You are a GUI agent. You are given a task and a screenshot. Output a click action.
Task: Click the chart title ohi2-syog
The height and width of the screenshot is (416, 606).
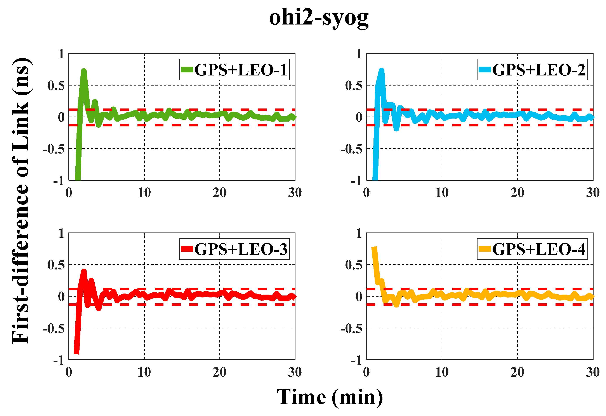[x=319, y=18]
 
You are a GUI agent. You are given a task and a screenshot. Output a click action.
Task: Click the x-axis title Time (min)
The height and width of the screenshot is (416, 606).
[x=330, y=397]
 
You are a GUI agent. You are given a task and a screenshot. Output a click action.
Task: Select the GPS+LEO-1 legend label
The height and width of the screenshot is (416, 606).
[x=241, y=70]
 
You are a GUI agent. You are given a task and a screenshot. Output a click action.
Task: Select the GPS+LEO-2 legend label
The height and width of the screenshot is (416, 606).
[x=538, y=70]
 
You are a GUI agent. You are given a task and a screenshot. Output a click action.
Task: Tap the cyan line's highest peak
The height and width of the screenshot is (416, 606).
[x=382, y=70]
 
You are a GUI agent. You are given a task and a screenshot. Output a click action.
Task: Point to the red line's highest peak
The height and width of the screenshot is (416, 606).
[x=84, y=271]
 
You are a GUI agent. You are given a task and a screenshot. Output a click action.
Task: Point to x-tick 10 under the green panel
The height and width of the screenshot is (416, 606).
[x=144, y=193]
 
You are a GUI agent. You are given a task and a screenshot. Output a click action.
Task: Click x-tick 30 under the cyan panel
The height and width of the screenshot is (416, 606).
[x=593, y=193]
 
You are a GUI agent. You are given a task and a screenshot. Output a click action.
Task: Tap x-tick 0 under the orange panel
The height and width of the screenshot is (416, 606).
[x=366, y=372]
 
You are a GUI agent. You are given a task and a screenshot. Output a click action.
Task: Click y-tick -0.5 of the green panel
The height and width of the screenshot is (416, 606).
[x=54, y=149]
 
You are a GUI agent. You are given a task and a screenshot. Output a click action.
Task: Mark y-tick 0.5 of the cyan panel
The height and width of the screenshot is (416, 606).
[x=354, y=86]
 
